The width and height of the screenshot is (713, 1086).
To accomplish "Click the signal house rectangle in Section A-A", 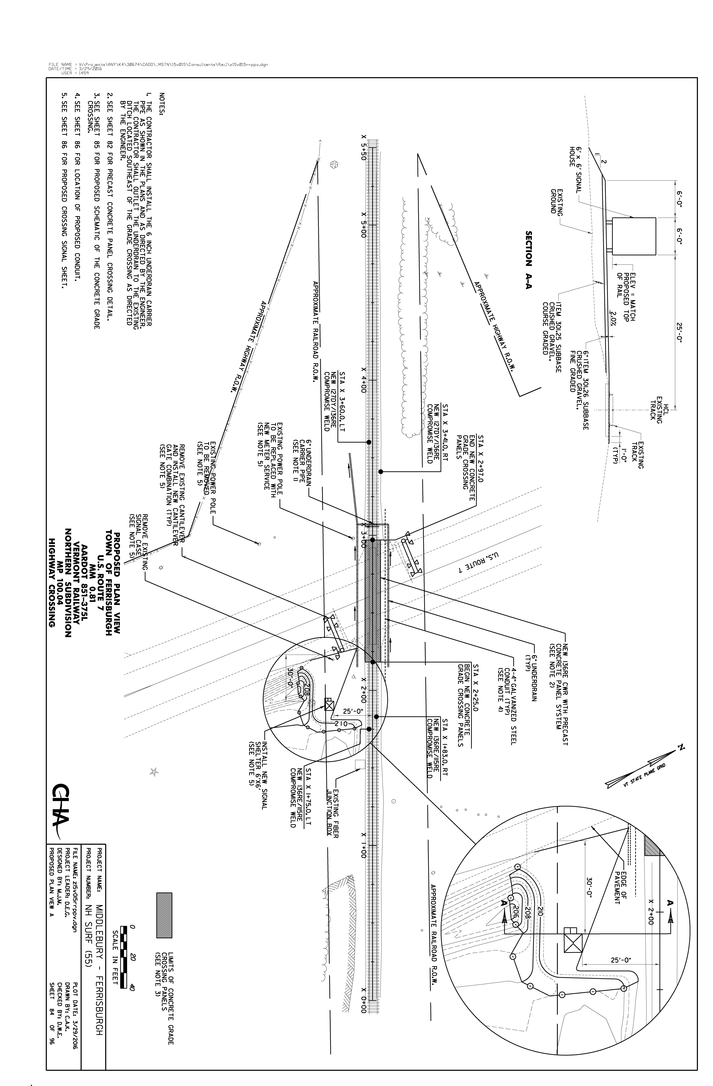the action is pos(634,236).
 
